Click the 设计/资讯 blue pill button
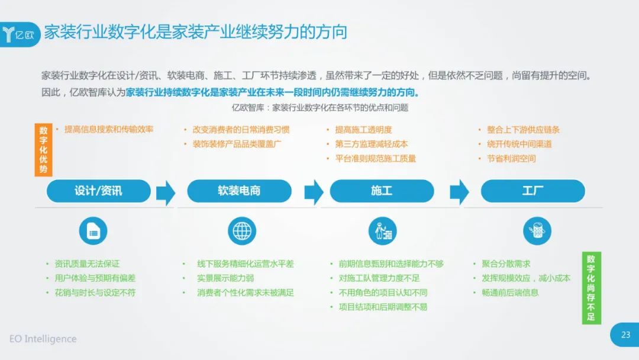click(x=99, y=191)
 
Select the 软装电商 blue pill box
click(x=239, y=191)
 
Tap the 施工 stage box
click(x=382, y=191)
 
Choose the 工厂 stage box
click(x=532, y=191)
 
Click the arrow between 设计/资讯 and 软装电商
click(x=166, y=192)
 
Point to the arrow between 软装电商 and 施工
click(x=314, y=192)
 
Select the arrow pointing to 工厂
click(x=459, y=192)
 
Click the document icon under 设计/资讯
click(x=93, y=231)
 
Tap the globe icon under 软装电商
click(x=242, y=231)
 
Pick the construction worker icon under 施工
click(x=383, y=231)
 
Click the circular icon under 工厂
click(x=537, y=231)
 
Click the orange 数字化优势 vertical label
click(x=44, y=150)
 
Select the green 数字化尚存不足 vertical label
click(x=591, y=288)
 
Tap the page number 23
click(x=625, y=335)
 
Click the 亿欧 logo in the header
click(x=19, y=35)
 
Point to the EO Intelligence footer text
click(x=43, y=339)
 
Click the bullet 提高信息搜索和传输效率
click(x=109, y=129)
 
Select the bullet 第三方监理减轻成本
click(x=371, y=144)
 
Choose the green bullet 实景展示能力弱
click(x=225, y=278)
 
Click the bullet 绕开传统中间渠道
click(x=519, y=144)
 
